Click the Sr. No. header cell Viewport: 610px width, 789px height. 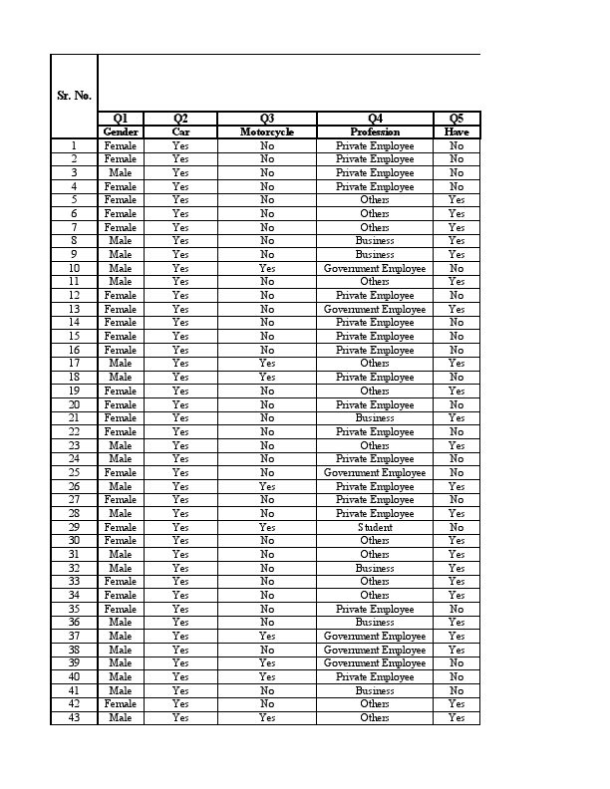(x=74, y=96)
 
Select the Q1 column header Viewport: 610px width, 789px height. (x=121, y=119)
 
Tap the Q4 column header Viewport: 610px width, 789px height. (x=375, y=119)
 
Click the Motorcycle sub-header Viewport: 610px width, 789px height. (x=267, y=131)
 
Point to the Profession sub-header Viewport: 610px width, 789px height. (x=375, y=131)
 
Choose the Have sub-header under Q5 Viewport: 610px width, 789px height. (x=457, y=131)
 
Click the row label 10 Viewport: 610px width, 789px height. (x=74, y=268)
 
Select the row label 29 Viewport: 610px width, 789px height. (x=74, y=527)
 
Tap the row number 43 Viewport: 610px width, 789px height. (x=74, y=717)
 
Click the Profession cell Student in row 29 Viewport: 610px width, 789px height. (x=375, y=527)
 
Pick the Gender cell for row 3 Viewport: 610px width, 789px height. (x=121, y=172)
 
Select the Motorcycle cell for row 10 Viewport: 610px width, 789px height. (x=267, y=268)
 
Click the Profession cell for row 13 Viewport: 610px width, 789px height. (x=375, y=309)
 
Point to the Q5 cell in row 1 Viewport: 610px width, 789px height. (x=457, y=145)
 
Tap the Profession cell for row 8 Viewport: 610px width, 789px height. (x=375, y=240)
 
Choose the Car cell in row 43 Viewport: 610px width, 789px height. (x=180, y=717)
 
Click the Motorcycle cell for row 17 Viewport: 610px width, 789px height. (x=267, y=364)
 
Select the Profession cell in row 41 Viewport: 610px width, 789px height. (x=375, y=690)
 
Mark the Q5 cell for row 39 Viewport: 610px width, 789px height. (x=457, y=662)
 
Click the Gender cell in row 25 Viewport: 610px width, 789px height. (x=121, y=472)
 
